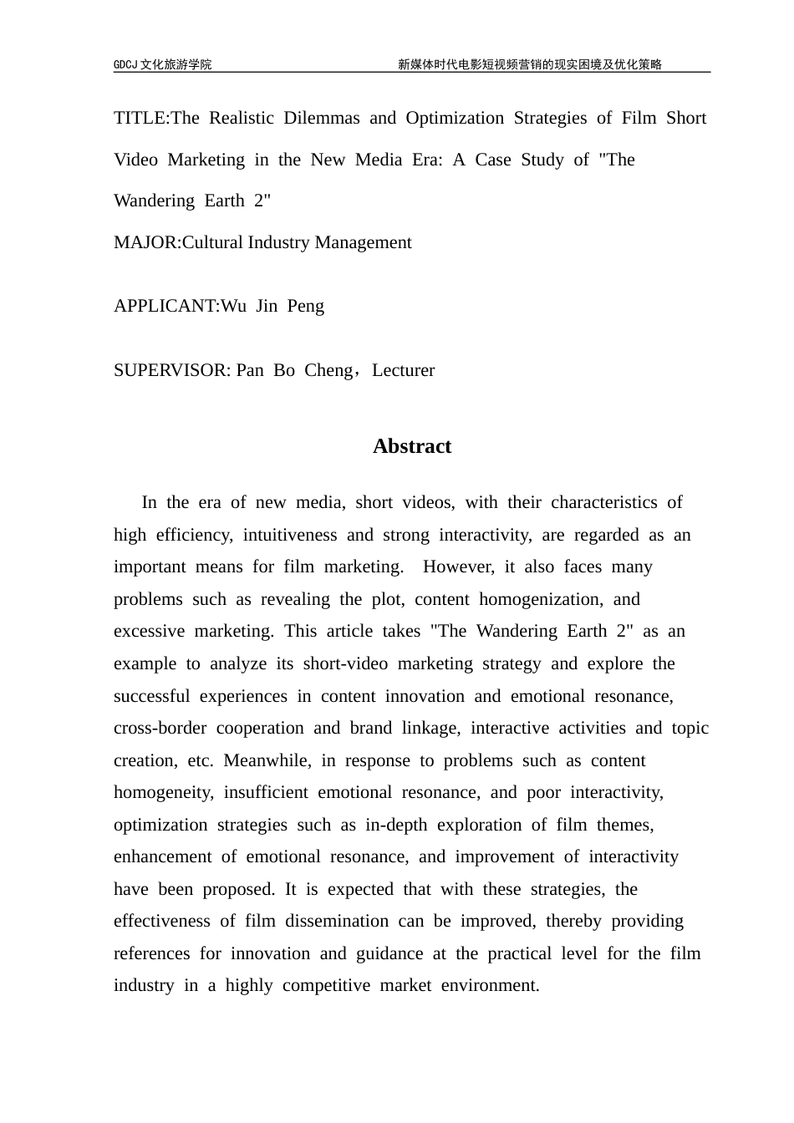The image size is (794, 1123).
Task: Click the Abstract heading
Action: [x=411, y=446]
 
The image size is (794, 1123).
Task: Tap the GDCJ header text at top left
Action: [x=162, y=64]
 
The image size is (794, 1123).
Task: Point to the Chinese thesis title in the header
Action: [x=529, y=64]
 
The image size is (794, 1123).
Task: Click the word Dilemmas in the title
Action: [x=320, y=118]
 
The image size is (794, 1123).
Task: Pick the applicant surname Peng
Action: [x=306, y=306]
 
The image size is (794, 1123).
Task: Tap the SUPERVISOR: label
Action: [x=172, y=370]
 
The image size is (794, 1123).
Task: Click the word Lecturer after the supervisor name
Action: [x=403, y=370]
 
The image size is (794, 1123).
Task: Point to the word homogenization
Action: [x=543, y=599]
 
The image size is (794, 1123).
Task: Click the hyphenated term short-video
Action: [x=345, y=663]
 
